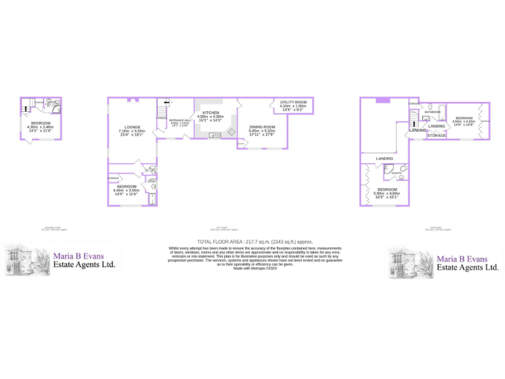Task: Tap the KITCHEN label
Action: pos(210,113)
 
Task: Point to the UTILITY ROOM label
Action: pos(293,103)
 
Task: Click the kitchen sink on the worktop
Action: pos(213,135)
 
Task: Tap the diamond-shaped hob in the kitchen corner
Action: pos(231,132)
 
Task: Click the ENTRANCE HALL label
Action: pos(180,120)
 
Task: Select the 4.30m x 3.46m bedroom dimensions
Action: pos(40,128)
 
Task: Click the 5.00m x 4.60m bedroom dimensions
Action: pos(387,193)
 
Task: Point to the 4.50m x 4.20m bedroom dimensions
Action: pos(464,122)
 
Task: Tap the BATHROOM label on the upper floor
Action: pos(432,113)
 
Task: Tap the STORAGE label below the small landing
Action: pos(436,136)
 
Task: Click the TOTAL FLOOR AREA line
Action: pos(252,242)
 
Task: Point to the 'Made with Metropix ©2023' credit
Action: pos(252,268)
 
